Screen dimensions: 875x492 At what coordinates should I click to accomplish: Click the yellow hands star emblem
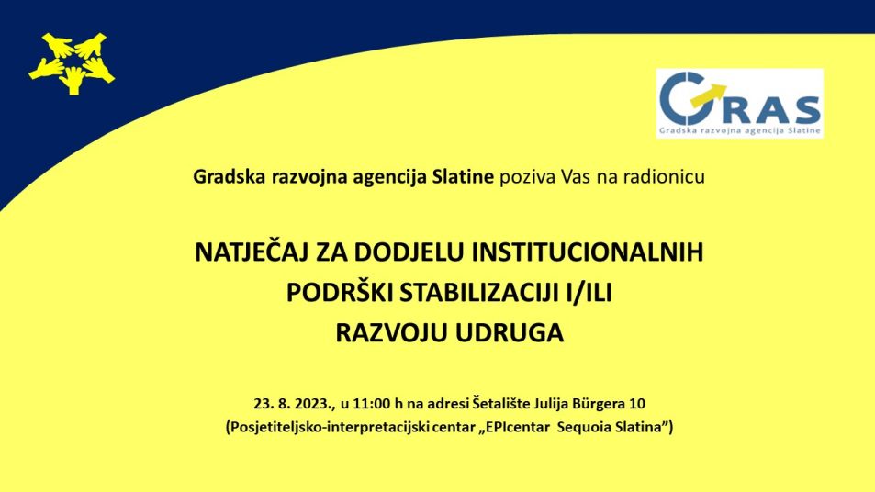[x=72, y=63]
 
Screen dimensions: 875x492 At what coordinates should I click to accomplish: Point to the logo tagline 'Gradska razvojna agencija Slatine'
[x=740, y=131]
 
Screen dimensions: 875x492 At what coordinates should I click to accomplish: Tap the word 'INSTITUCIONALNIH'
[x=588, y=252]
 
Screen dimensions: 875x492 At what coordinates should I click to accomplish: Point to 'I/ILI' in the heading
[x=589, y=293]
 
